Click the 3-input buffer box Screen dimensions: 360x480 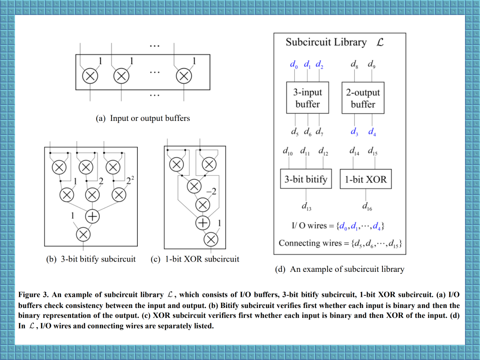pyautogui.click(x=307, y=98)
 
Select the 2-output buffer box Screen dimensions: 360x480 pyautogui.click(x=363, y=98)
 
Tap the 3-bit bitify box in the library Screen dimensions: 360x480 pyautogui.click(x=306, y=179)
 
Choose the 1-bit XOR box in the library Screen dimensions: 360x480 pyautogui.click(x=366, y=179)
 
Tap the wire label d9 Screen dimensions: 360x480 pyautogui.click(x=371, y=64)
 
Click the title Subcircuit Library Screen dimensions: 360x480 pyautogui.click(x=326, y=42)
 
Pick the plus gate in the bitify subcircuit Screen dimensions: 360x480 pyautogui.click(x=92, y=216)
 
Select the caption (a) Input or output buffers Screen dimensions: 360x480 pyautogui.click(x=143, y=118)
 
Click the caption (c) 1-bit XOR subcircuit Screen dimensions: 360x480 pyautogui.click(x=195, y=259)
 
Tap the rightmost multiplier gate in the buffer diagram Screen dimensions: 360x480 pyautogui.click(x=184, y=75)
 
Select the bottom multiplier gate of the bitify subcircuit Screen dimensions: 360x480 pyautogui.click(x=83, y=234)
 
